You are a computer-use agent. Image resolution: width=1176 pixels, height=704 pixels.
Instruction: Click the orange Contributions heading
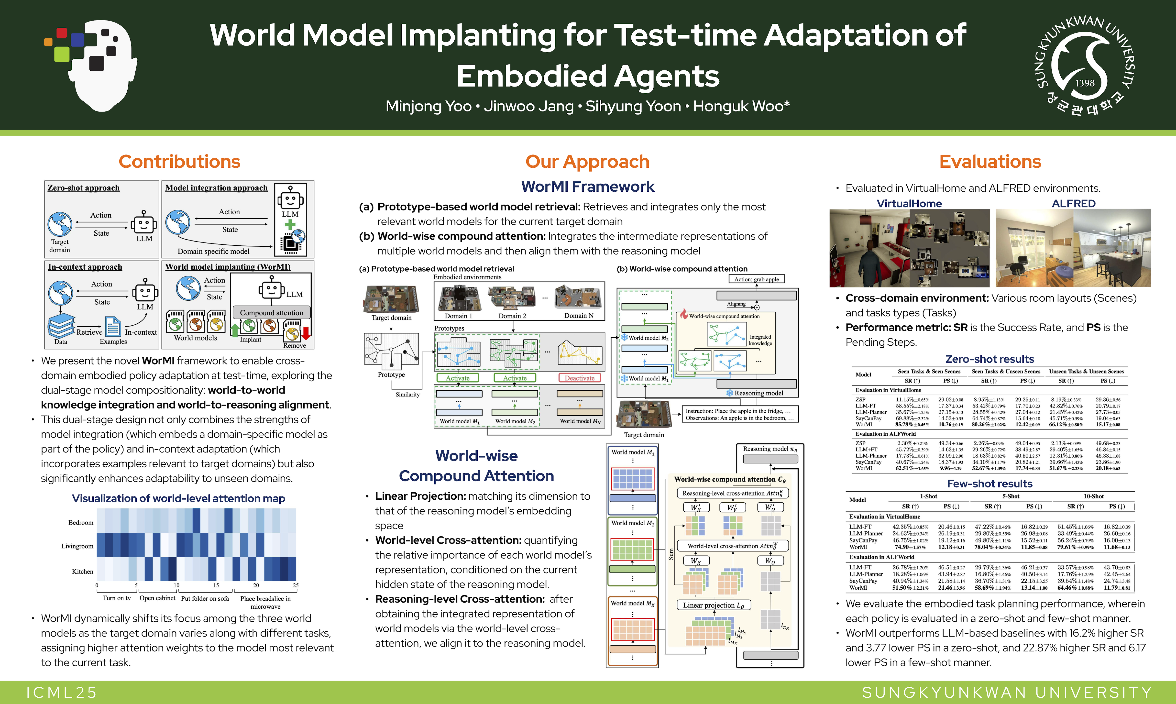click(179, 162)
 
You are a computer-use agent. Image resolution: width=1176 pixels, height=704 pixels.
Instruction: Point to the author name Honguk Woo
click(741, 106)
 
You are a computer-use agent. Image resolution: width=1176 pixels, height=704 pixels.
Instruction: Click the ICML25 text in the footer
click(62, 693)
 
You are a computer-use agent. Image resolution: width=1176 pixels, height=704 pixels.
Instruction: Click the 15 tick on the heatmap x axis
click(216, 585)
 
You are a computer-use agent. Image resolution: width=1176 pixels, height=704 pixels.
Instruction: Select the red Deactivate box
click(579, 378)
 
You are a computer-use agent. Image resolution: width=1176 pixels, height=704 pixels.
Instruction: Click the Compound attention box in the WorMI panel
click(271, 313)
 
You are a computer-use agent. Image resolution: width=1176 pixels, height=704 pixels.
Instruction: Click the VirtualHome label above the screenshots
click(909, 204)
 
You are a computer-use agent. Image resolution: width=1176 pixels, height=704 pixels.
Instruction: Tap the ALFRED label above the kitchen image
click(1074, 204)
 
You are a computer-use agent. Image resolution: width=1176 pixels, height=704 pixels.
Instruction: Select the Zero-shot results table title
click(989, 359)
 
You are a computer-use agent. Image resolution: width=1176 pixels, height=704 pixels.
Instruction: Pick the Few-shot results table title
click(989, 484)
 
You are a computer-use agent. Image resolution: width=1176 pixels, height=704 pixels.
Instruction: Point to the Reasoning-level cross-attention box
click(732, 493)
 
